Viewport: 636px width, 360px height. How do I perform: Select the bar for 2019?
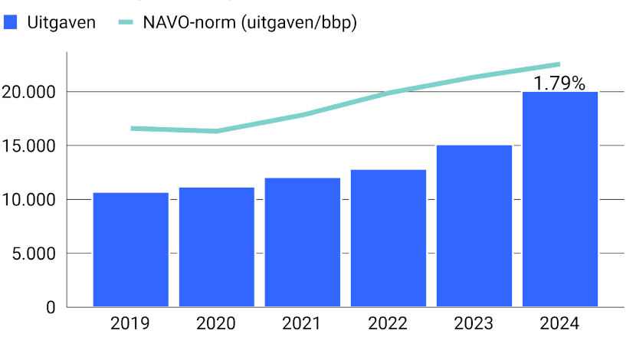click(130, 250)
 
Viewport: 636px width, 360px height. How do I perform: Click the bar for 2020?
click(217, 247)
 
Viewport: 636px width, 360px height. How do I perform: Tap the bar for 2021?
click(303, 242)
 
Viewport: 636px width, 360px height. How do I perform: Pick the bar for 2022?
click(388, 238)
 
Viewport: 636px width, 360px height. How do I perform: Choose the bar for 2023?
click(474, 226)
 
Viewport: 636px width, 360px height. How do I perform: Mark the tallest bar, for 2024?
click(560, 199)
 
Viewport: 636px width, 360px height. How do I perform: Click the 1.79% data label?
click(559, 83)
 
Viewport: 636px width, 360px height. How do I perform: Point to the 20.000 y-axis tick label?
click(30, 92)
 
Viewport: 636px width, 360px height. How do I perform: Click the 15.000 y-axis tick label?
click(30, 146)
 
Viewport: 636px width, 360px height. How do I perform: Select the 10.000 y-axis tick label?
click(30, 200)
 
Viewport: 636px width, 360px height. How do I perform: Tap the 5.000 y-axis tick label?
click(34, 254)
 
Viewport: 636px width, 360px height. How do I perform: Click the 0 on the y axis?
click(51, 307)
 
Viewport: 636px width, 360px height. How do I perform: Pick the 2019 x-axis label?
click(130, 324)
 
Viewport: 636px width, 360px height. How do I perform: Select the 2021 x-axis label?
click(303, 324)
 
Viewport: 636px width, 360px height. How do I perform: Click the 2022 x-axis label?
click(388, 324)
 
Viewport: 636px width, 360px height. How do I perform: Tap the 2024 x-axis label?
click(560, 324)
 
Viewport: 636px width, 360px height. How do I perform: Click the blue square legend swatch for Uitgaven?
click(11, 22)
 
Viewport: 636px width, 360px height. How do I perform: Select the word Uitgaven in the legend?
click(61, 22)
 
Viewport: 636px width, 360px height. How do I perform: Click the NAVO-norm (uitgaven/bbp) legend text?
click(250, 22)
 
